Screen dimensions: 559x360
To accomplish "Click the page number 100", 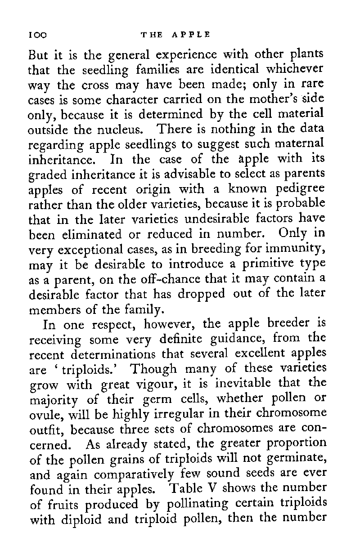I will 38,34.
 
